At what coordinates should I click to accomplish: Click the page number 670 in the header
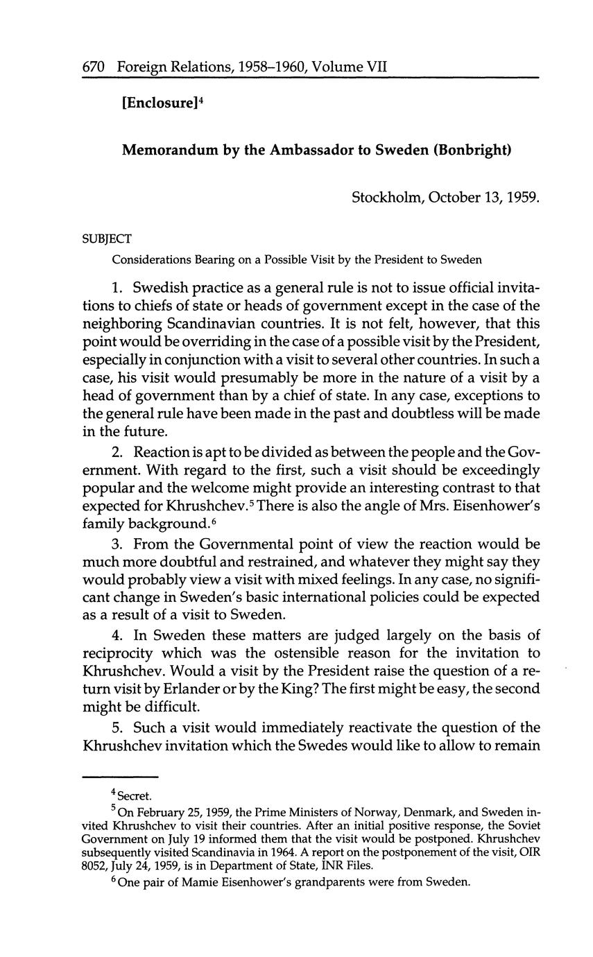[93, 67]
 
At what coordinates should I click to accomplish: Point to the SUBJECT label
[106, 239]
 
